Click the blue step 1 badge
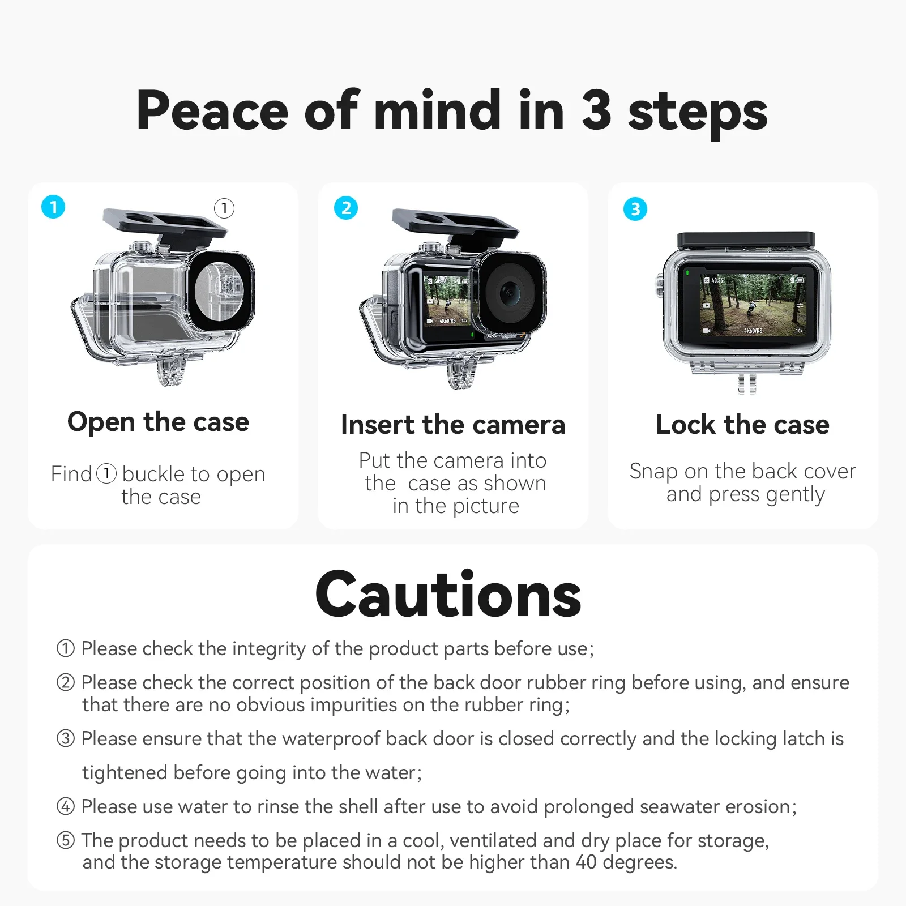pos(53,207)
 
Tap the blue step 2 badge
pos(346,208)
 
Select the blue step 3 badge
pos(635,209)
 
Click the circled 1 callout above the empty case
pos(224,208)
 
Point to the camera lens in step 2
pos(509,293)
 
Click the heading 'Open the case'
pos(158,422)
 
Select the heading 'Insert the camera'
pos(453,425)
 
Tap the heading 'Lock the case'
pos(742,425)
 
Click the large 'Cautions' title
pos(448,595)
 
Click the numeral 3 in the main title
pos(596,110)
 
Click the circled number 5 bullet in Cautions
pos(66,840)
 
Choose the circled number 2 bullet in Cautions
pos(66,682)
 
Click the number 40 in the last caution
pos(586,862)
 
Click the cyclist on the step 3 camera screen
pos(751,309)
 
